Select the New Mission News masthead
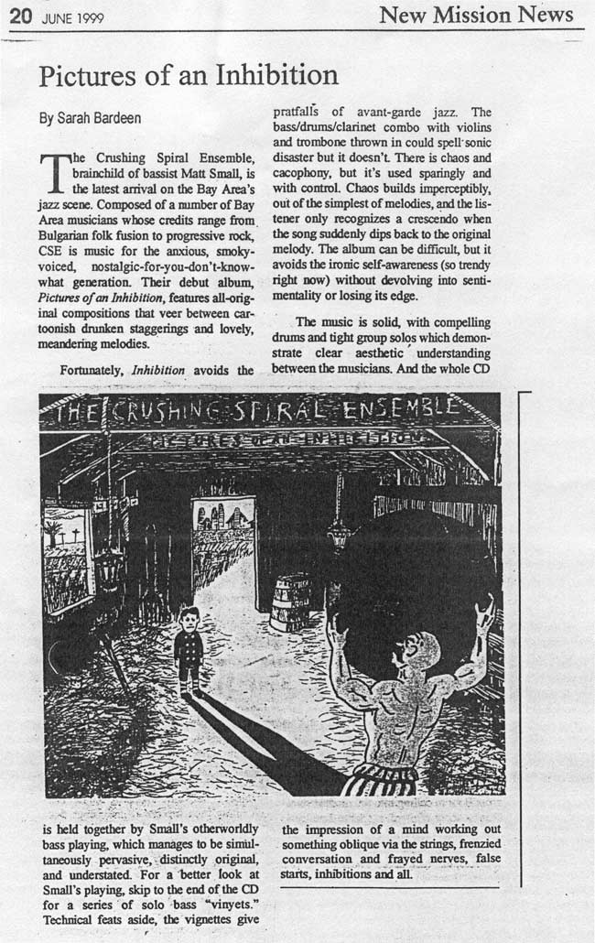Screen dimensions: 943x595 point(476,15)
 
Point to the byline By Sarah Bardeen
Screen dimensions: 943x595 point(89,118)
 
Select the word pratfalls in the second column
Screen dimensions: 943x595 point(300,113)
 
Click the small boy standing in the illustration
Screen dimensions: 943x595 point(189,648)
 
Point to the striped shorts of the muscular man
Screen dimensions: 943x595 point(383,780)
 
